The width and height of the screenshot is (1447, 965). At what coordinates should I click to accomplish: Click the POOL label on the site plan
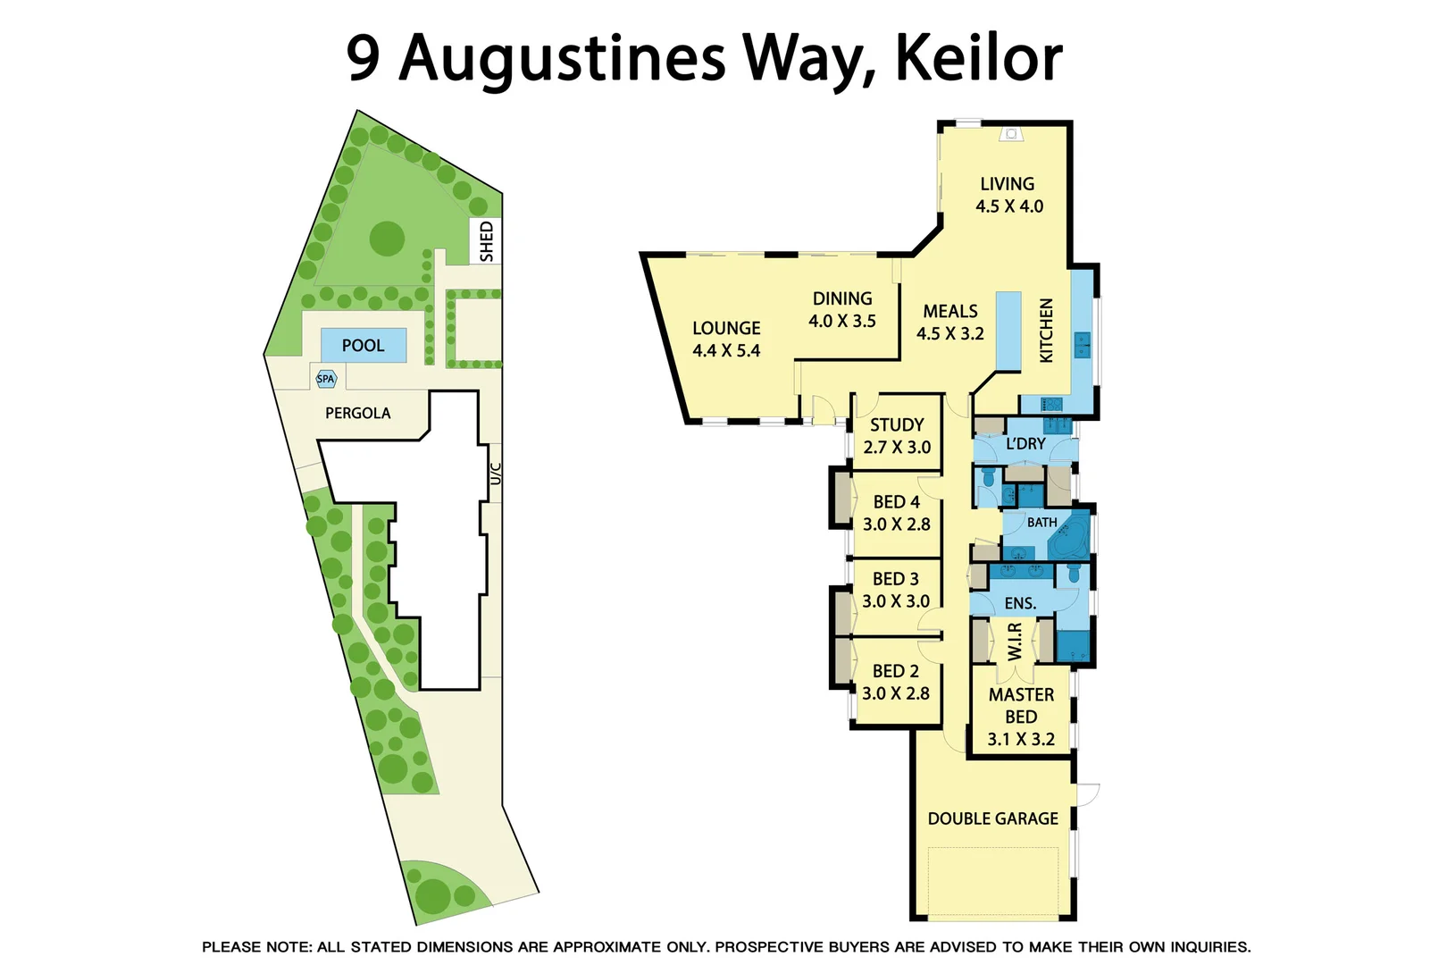click(363, 346)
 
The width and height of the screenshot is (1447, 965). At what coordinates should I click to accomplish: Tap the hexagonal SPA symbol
click(326, 379)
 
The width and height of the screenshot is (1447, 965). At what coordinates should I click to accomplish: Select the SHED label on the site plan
click(487, 241)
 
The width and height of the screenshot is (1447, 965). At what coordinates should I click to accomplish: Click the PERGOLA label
click(357, 413)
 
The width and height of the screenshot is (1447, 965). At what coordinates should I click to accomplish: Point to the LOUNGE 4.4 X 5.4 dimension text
click(726, 351)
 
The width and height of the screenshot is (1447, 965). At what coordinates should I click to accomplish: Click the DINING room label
click(841, 299)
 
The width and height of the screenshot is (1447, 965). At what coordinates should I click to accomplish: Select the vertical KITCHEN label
click(1047, 331)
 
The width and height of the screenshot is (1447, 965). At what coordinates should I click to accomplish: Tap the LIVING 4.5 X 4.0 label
click(1008, 195)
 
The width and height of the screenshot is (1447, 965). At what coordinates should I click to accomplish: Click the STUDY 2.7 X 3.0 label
click(897, 436)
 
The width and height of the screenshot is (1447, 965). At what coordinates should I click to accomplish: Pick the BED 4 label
click(896, 502)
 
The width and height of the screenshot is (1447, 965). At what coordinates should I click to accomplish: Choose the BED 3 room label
click(895, 579)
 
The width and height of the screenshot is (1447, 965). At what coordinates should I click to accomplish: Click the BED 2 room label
click(895, 671)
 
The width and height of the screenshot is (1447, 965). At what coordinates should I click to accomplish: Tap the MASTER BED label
click(1021, 706)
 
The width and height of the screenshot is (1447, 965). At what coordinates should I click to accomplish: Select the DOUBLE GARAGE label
click(992, 818)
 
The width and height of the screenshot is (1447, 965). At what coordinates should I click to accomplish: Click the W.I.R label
click(1015, 642)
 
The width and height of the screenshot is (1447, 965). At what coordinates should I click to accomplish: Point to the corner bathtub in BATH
click(1069, 539)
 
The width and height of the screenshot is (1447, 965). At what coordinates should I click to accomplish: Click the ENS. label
click(1020, 603)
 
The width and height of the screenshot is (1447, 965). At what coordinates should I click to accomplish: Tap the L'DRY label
click(1025, 444)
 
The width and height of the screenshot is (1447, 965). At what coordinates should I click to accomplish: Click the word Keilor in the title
click(978, 58)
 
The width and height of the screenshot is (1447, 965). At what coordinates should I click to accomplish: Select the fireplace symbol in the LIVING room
click(1011, 134)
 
